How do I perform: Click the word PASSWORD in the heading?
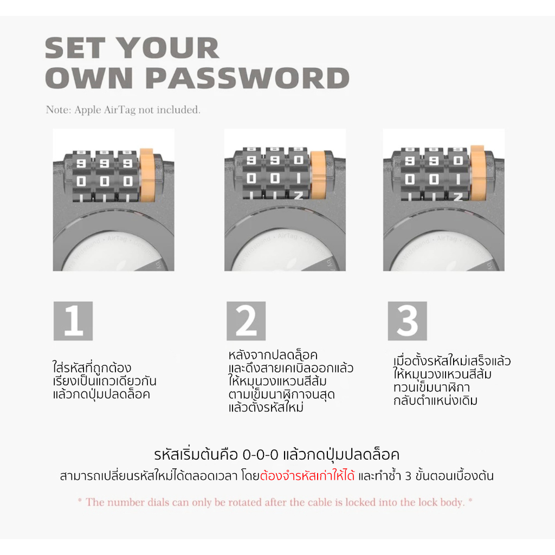tap(247, 78)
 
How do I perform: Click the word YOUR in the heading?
tap(168, 48)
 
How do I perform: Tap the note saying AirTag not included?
tap(123, 109)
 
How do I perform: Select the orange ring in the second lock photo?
tap(318, 175)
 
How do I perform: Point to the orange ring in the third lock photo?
tap(478, 173)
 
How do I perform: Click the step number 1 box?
tap(73, 321)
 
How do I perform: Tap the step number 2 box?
tap(246, 321)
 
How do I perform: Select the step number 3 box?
tap(408, 321)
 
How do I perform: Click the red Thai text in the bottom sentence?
tap(307, 476)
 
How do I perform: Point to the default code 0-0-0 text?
tap(260, 455)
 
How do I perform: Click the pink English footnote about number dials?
tap(275, 502)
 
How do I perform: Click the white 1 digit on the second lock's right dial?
tap(299, 178)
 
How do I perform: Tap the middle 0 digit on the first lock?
tap(105, 181)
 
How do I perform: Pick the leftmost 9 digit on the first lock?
tap(81, 163)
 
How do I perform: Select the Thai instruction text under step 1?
tap(105, 381)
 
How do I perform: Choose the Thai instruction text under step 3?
tap(452, 381)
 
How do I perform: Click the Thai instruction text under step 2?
tap(291, 381)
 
